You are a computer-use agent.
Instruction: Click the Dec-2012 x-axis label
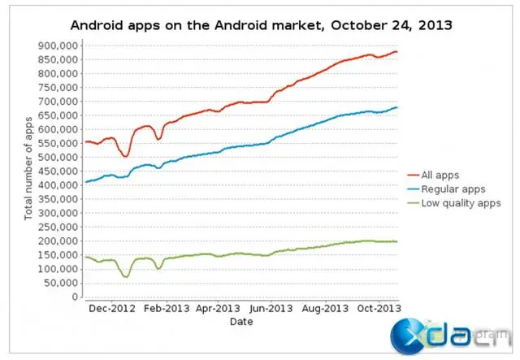pos(112,309)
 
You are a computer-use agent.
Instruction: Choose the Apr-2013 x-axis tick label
pos(218,309)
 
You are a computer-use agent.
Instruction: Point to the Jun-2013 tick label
pos(271,309)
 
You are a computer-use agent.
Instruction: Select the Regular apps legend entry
pos(453,189)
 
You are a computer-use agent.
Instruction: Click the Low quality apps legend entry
pos(459,203)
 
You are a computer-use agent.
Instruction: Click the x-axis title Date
pos(241,322)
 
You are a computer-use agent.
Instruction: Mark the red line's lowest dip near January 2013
pos(125,156)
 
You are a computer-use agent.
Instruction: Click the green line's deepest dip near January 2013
pos(125,277)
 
